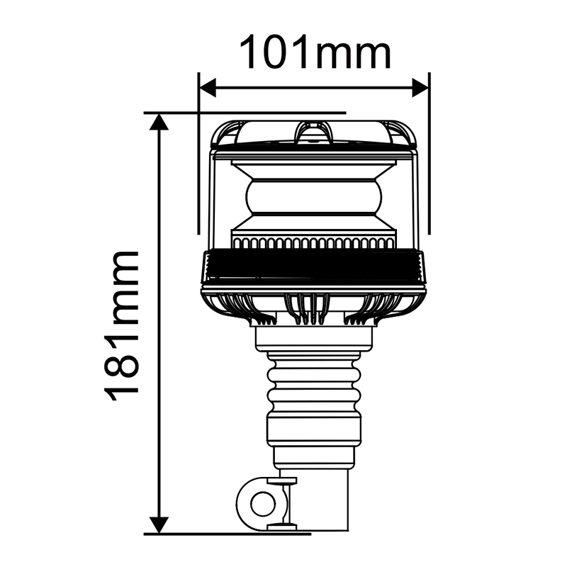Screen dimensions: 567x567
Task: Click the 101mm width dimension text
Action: point(315,52)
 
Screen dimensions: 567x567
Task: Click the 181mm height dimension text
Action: point(122,325)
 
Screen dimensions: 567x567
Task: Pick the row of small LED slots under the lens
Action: point(315,243)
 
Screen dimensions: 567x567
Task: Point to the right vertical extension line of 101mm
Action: point(430,163)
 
